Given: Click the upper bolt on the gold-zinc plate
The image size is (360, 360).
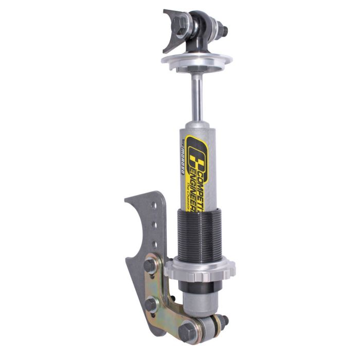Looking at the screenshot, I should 150,265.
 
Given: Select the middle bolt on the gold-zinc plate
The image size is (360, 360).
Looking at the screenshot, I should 151,304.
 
